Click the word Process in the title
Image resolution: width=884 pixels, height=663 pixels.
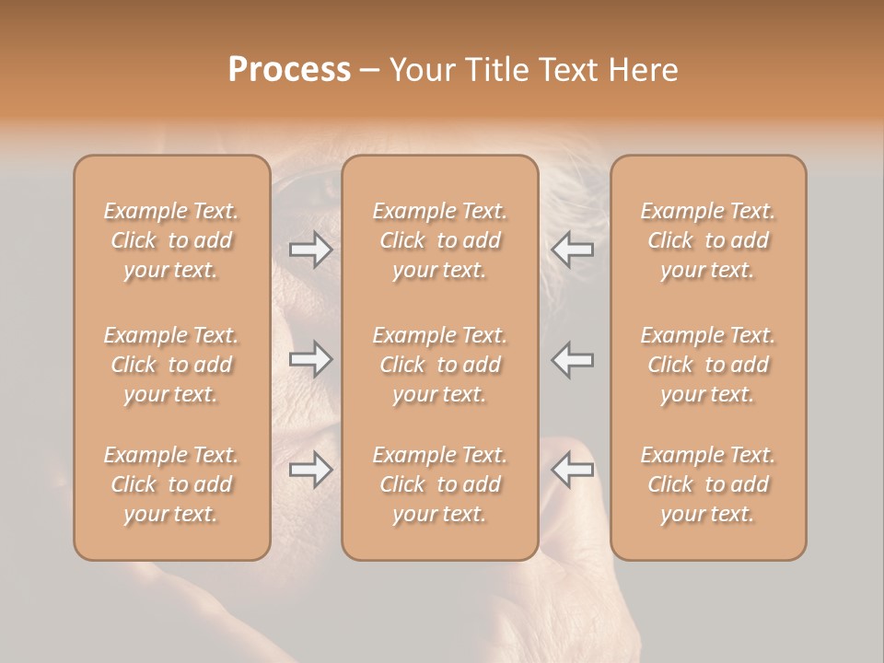pos(289,70)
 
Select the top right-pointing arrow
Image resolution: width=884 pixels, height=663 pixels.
pos(310,250)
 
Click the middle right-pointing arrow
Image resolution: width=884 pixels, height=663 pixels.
pos(310,359)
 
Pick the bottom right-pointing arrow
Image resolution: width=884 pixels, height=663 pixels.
pos(310,470)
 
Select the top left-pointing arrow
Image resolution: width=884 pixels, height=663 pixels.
pos(572,250)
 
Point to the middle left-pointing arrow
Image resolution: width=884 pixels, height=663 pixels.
pos(572,359)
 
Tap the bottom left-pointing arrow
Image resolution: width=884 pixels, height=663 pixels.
pos(572,470)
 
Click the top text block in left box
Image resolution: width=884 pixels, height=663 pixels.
pos(171,240)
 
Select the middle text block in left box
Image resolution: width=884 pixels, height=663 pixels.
pos(171,365)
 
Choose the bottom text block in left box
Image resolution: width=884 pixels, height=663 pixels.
pos(171,484)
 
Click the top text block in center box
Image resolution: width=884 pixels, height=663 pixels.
pos(440,240)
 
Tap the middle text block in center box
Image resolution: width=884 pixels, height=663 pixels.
pos(440,365)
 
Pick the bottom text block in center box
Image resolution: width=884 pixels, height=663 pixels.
pos(440,484)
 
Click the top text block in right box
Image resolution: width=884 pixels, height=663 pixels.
pos(708,240)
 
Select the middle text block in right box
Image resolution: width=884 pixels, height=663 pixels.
pos(708,365)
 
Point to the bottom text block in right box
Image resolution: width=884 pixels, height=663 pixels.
pos(708,484)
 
